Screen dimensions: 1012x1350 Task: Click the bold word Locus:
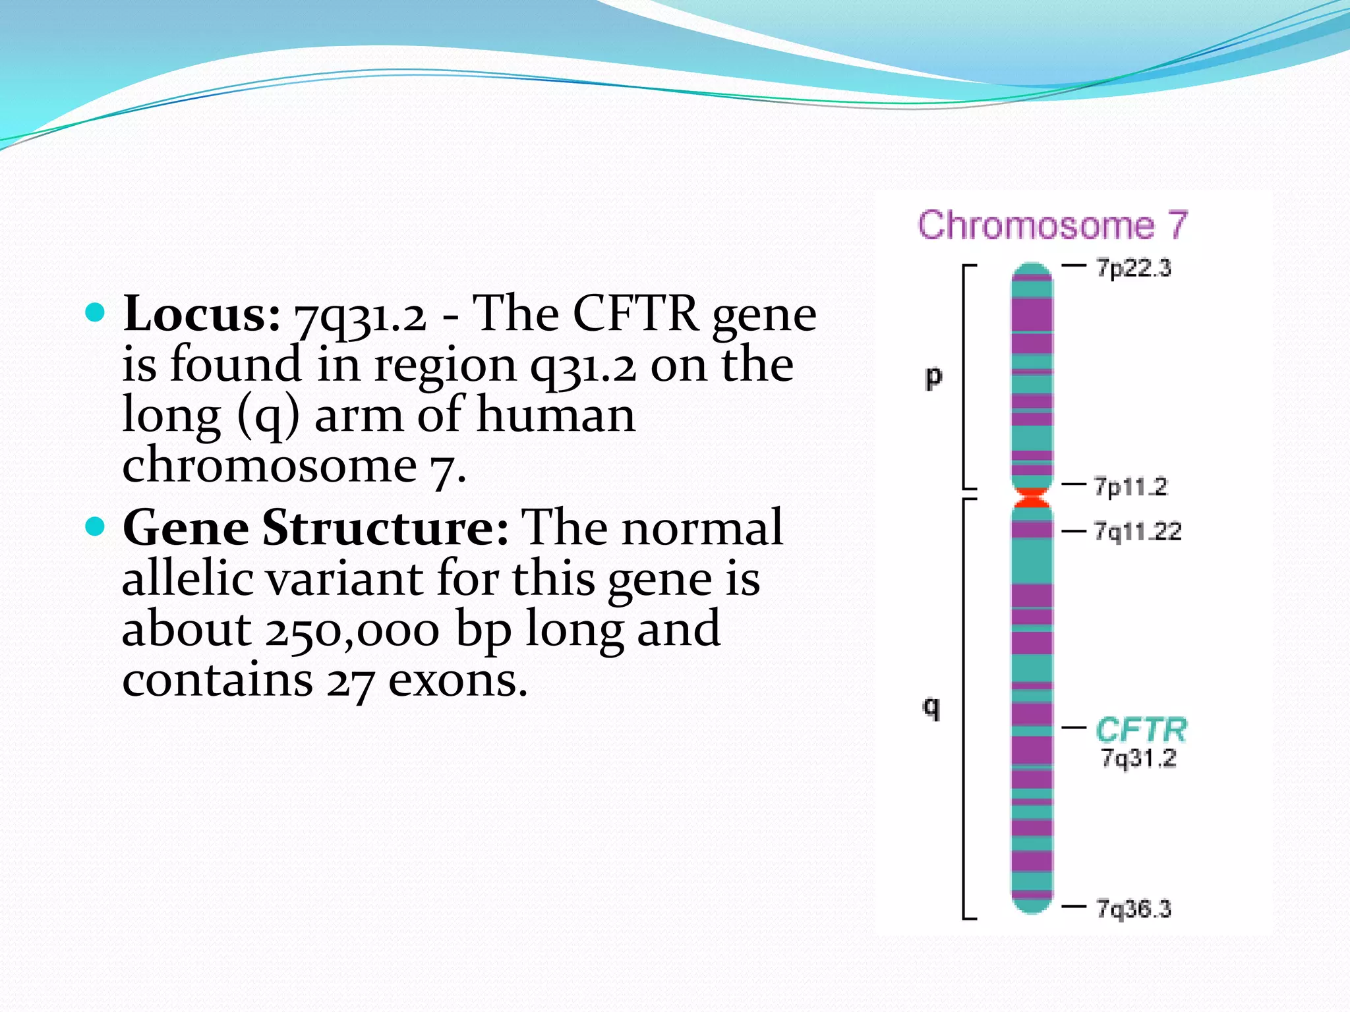[202, 314]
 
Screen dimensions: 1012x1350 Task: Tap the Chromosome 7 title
[1052, 226]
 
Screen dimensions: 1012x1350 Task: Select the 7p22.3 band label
[1133, 268]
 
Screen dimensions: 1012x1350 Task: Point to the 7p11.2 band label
[1130, 487]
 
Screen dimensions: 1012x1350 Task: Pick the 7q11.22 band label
[1137, 531]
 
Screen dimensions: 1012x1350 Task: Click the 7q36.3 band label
[1133, 909]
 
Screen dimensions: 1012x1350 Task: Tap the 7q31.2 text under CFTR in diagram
[1138, 758]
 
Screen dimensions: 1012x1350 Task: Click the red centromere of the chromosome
[1032, 497]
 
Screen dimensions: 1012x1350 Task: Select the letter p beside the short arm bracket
[933, 378]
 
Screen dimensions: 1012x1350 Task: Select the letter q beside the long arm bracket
[931, 708]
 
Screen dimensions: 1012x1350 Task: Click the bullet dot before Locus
[96, 312]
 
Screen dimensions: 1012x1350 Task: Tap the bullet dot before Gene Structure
[96, 526]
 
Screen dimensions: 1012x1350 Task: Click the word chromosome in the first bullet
[270, 465]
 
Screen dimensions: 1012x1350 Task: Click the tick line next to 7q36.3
[1074, 907]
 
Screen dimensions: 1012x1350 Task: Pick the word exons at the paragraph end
[457, 681]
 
